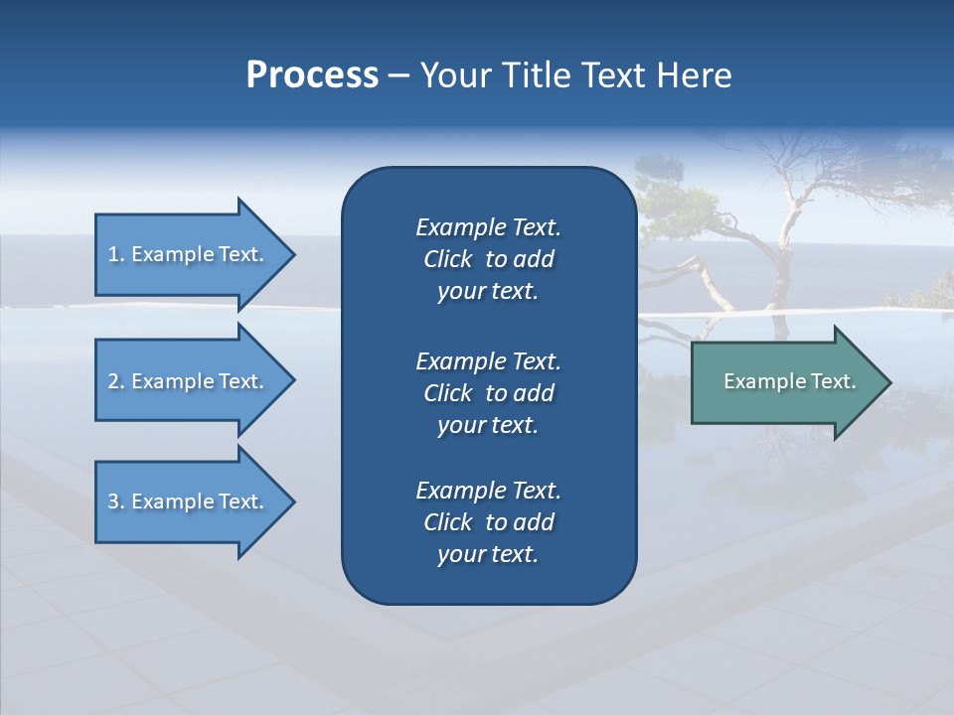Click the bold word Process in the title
(x=312, y=75)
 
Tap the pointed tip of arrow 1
(x=292, y=254)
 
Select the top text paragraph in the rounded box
(x=488, y=259)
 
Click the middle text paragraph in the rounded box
(x=488, y=392)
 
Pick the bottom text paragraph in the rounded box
(x=488, y=522)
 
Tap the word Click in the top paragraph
(x=448, y=259)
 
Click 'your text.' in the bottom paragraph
(x=488, y=554)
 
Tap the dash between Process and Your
(x=399, y=75)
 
